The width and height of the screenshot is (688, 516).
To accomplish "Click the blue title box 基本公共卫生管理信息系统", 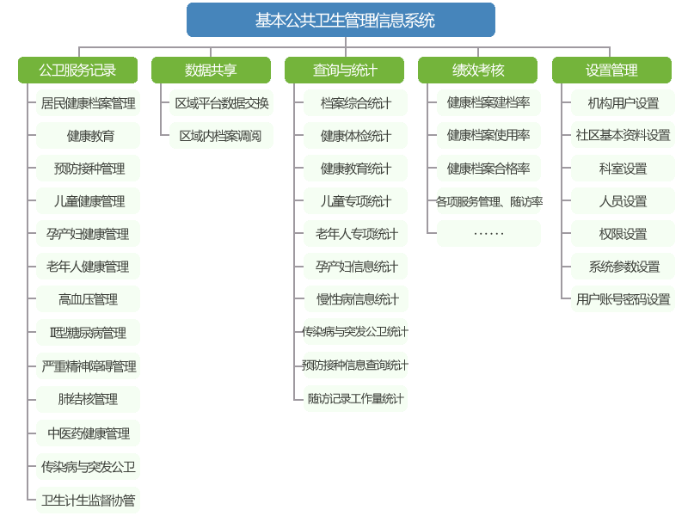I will click(341, 20).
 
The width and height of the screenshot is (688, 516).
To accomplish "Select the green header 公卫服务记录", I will click(77, 71).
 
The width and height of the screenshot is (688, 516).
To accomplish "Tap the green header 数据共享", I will click(211, 71).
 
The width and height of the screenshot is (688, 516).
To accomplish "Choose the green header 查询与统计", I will click(344, 71).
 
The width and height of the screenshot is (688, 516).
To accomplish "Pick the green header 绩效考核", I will click(478, 71).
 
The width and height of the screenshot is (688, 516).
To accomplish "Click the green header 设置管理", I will click(611, 71).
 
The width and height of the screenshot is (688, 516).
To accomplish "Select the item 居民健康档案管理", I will click(88, 103).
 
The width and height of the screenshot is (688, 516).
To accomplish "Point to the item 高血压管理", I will click(88, 299).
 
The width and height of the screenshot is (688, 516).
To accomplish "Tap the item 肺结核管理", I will click(88, 399).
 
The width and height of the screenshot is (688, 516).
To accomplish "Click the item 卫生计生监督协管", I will click(88, 500).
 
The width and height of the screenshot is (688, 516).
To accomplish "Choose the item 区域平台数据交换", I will click(221, 103).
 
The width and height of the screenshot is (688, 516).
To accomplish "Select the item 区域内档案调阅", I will click(221, 136).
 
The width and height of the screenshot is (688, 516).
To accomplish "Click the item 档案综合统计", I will click(355, 103).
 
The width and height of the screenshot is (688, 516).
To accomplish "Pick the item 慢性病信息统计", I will click(355, 299).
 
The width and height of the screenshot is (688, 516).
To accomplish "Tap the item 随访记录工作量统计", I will click(355, 398).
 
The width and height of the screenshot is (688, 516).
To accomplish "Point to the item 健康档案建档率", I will click(488, 103).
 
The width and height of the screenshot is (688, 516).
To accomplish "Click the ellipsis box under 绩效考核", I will click(488, 234).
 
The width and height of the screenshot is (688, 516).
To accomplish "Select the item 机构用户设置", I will click(623, 103).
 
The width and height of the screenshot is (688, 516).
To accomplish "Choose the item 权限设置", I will click(623, 234).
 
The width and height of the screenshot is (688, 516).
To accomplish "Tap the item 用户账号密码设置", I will click(623, 299).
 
